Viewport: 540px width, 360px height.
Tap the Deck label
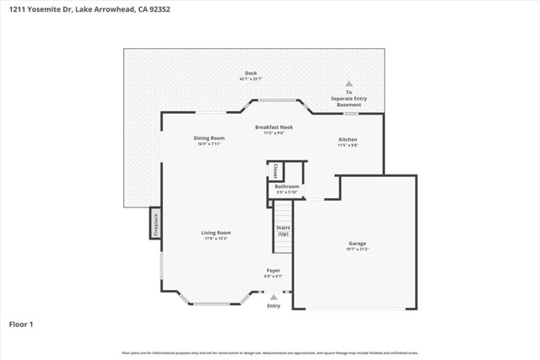point(251,73)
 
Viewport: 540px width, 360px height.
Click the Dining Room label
point(208,137)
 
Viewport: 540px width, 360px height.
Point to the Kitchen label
point(348,138)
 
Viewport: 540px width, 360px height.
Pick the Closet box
point(275,171)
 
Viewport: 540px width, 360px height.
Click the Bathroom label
point(287,186)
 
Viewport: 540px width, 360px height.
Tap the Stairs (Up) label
point(283,229)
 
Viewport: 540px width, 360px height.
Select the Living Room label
point(216,233)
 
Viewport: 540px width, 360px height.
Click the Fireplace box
point(155,223)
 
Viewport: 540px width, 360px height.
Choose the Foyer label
point(273,271)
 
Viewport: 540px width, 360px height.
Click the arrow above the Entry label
point(273,297)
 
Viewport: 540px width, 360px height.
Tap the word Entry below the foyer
point(273,305)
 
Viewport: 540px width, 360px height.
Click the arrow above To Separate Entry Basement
point(348,83)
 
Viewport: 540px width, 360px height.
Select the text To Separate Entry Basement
point(348,98)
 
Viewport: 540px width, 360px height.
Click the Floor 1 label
point(20,323)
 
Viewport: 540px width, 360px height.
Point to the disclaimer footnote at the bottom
point(269,353)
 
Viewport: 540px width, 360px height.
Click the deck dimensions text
point(251,79)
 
